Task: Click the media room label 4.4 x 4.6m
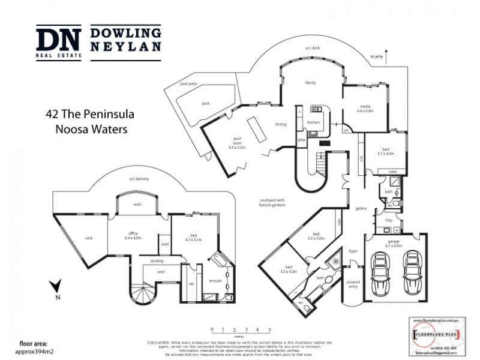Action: pyautogui.click(x=365, y=109)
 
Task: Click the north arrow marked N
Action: pyautogui.click(x=56, y=289)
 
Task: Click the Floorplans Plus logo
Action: pyautogui.click(x=436, y=332)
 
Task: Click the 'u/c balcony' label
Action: pyautogui.click(x=139, y=178)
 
